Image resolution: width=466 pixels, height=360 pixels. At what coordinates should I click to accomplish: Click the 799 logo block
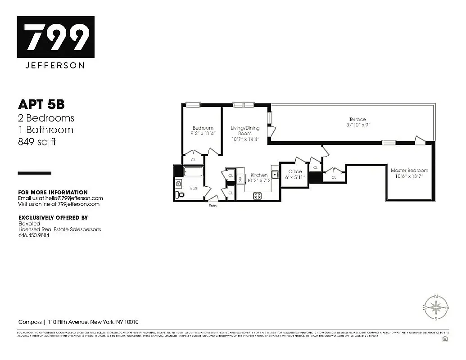(56, 37)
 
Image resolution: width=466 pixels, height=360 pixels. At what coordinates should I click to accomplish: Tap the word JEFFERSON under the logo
(56, 65)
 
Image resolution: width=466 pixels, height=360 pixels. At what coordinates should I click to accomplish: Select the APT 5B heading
(41, 104)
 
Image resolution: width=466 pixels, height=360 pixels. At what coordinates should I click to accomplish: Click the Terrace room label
(357, 119)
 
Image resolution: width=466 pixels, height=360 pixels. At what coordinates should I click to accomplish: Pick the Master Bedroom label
(409, 171)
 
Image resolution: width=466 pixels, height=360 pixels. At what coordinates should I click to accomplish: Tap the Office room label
(295, 171)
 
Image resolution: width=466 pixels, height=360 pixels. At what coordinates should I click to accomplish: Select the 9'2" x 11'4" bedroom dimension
(203, 133)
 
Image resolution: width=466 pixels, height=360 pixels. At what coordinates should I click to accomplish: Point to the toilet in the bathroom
(179, 195)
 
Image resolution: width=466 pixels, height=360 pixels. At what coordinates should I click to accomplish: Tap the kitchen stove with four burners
(258, 195)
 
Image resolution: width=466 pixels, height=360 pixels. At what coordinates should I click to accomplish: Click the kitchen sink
(275, 175)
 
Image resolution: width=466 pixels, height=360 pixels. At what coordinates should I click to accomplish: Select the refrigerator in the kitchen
(240, 179)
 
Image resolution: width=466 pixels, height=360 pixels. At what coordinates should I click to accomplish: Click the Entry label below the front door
(213, 206)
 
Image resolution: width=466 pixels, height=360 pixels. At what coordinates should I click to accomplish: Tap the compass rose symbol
(435, 307)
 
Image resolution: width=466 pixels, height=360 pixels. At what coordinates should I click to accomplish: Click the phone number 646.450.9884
(34, 235)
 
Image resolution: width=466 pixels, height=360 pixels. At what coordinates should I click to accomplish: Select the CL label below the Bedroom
(194, 160)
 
